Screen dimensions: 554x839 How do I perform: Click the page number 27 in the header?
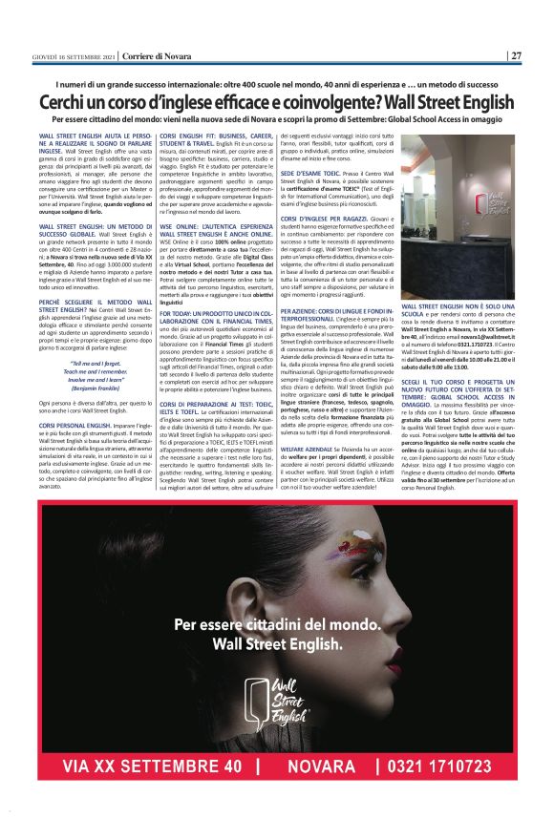[515, 55]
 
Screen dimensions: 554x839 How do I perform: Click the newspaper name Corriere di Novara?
[130, 55]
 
